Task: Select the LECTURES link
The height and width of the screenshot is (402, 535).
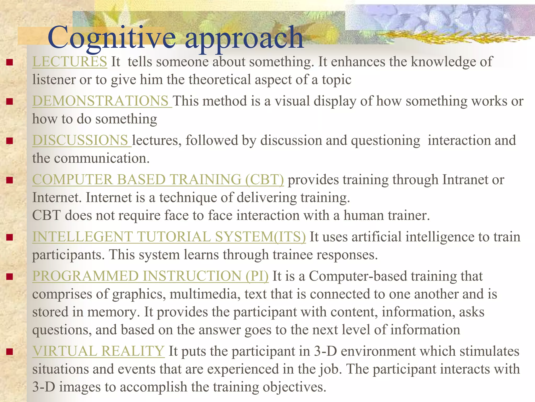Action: tap(69, 62)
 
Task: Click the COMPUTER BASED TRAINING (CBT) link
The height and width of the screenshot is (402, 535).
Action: tap(158, 180)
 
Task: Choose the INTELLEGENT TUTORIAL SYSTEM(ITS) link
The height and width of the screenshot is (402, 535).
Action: tap(169, 237)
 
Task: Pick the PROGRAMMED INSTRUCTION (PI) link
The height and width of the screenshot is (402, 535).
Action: tap(150, 276)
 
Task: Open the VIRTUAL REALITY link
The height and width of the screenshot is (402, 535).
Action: tap(98, 351)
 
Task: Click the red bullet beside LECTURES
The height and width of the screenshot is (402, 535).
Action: tap(10, 62)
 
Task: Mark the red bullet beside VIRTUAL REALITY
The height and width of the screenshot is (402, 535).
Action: tap(10, 351)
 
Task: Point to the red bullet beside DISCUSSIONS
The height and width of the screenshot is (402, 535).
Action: tap(10, 141)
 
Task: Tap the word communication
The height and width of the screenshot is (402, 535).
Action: tap(102, 158)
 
